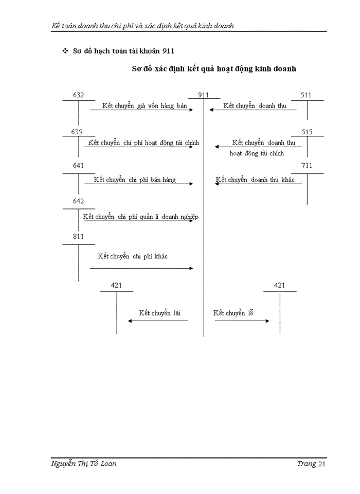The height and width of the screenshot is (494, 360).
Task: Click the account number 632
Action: coord(78,95)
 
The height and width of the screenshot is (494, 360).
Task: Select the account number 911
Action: coord(204,95)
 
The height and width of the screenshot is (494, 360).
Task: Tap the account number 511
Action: coord(306,95)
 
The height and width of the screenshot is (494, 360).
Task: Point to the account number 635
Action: coord(77,132)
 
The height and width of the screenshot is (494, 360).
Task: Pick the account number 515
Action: coord(307,132)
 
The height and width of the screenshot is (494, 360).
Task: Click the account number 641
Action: coord(78,166)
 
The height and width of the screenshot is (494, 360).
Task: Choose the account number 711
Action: coord(307,166)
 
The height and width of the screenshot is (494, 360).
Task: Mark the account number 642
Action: coord(78,201)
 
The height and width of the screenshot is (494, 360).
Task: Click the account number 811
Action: coord(78,236)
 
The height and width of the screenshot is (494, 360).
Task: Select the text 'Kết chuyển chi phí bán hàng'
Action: coord(135,180)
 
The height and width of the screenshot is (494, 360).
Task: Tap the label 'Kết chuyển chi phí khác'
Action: coord(133,256)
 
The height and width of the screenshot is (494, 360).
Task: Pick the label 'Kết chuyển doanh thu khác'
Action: coord(258,180)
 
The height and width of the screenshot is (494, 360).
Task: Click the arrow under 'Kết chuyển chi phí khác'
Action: coord(141,268)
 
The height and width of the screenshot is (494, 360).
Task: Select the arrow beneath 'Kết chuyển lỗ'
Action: coord(242,321)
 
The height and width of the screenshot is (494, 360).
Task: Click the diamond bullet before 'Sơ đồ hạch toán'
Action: coord(65,51)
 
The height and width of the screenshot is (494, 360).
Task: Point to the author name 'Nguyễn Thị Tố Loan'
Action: coord(84,464)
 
